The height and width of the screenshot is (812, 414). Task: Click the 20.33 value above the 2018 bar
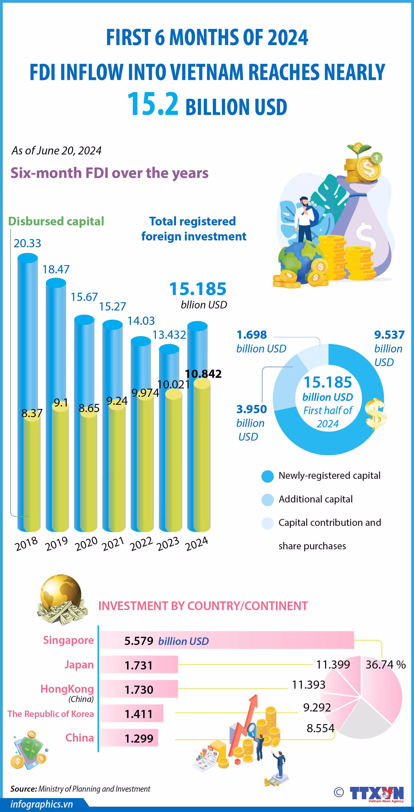[27, 243]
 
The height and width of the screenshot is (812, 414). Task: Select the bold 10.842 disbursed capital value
[203, 373]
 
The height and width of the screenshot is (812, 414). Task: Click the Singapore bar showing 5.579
[226, 640]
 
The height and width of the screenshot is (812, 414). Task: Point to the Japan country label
[79, 664]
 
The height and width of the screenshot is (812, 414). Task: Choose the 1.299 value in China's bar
[139, 738]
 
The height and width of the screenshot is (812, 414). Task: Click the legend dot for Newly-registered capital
[268, 476]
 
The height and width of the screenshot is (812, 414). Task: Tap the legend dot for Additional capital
[268, 500]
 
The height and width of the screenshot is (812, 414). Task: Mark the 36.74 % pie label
[385, 664]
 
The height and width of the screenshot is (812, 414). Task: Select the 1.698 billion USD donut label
[261, 342]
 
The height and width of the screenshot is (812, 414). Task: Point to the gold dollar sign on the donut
[376, 414]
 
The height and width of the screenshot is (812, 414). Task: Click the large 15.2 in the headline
[153, 104]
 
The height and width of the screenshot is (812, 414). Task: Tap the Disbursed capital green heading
[56, 221]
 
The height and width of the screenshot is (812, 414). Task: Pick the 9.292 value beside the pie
[317, 707]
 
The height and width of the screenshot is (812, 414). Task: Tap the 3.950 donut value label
[252, 409]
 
